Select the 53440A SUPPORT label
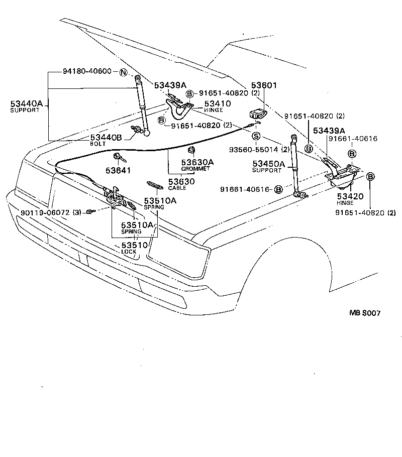(x=27, y=106)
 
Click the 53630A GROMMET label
(x=197, y=165)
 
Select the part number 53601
(x=264, y=86)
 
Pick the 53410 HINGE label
(x=217, y=105)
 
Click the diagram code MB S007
(x=365, y=313)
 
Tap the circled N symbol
(x=123, y=72)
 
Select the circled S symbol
(x=256, y=136)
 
